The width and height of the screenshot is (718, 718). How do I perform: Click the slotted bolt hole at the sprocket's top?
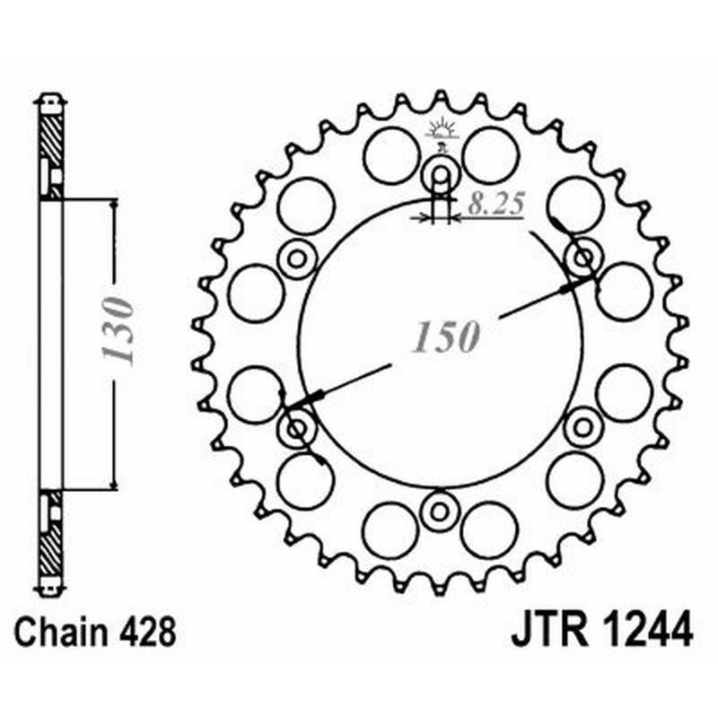441,172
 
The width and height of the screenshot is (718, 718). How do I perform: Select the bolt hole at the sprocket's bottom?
441,511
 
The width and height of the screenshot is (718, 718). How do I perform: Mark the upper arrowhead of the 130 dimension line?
113,205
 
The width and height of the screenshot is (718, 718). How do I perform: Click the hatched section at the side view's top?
51,135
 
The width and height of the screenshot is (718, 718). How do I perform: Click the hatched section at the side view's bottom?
51,547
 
